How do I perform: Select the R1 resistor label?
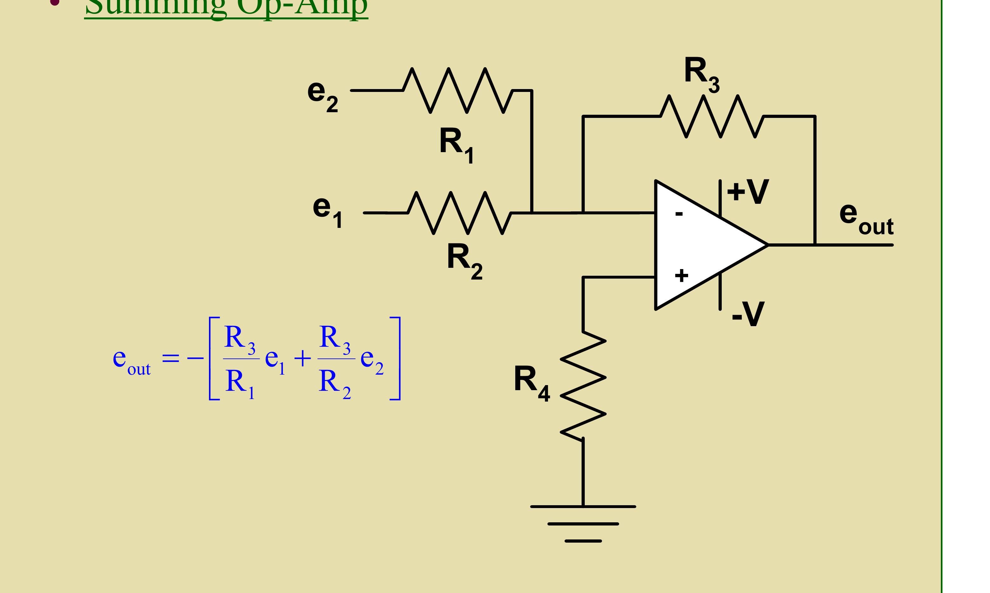(x=456, y=144)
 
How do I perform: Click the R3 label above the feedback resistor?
(x=701, y=74)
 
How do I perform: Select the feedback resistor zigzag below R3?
(x=712, y=116)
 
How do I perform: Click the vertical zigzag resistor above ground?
(x=583, y=386)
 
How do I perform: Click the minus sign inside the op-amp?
(x=679, y=214)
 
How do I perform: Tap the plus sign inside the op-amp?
(x=681, y=275)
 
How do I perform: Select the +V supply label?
(x=747, y=191)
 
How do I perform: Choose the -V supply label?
(x=748, y=314)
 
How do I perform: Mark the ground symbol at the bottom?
(x=583, y=524)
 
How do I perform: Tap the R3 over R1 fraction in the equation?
(x=240, y=359)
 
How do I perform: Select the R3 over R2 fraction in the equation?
(x=335, y=359)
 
